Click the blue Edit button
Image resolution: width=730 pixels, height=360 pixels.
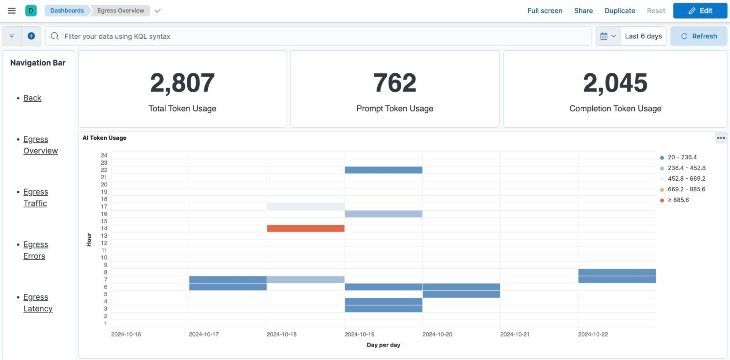[x=700, y=11]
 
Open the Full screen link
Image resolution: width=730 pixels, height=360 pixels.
[x=544, y=11]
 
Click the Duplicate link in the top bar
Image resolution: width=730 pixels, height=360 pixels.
[x=619, y=11]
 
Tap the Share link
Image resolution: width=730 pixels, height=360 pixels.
[x=583, y=11]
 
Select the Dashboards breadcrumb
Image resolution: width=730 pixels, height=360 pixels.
[x=67, y=11]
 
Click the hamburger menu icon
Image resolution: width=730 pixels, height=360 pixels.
[x=12, y=11]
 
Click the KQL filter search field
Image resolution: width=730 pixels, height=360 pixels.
[x=318, y=36]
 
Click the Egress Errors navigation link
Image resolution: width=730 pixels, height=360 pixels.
[x=35, y=250]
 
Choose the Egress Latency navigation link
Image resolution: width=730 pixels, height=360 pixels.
[x=37, y=303]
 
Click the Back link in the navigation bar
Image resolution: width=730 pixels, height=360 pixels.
[x=32, y=98]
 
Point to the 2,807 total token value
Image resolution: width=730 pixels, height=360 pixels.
[x=182, y=83]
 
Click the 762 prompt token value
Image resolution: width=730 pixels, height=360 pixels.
[x=394, y=83]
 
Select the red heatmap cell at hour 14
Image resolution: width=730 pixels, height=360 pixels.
[x=305, y=229]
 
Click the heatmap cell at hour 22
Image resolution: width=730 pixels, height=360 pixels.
[x=383, y=170]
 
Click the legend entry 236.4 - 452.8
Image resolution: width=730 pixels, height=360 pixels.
[x=686, y=168]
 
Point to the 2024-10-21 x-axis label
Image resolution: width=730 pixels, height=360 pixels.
[x=515, y=334]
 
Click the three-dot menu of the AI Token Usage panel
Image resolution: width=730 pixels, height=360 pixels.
[x=721, y=138]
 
